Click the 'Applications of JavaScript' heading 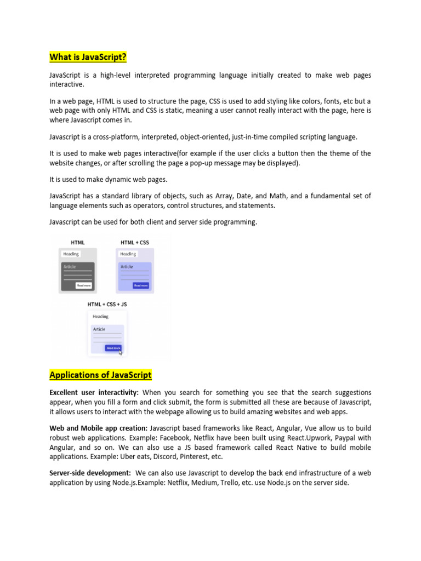pos(100,375)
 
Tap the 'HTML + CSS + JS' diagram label pos(107,304)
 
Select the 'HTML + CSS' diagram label pos(134,242)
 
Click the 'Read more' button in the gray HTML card pos(84,285)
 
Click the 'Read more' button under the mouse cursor pos(113,348)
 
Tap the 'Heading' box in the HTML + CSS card pos(128,254)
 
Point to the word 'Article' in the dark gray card pos(69,267)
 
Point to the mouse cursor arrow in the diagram pos(121,352)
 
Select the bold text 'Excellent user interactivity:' pos(94,393)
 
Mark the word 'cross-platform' pos(115,136)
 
